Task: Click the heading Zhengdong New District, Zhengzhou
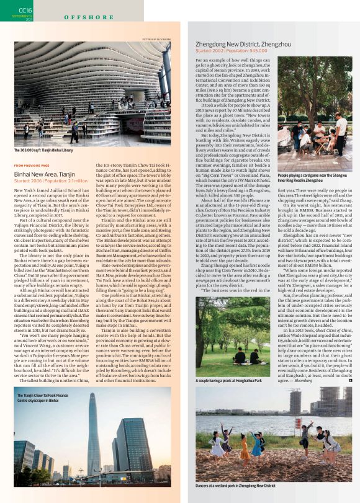click(243, 45)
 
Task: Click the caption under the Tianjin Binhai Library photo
click(43, 150)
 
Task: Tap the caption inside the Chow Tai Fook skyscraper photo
click(42, 398)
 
